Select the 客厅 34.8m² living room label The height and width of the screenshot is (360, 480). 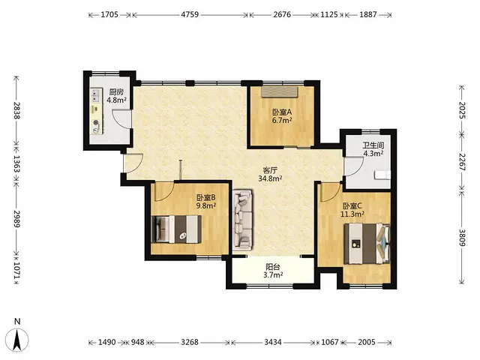[270, 175]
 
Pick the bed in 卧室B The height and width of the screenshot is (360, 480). [176, 229]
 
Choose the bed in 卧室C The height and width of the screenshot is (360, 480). [367, 244]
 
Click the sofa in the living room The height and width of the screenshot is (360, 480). [243, 220]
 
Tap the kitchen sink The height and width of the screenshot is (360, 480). [96, 95]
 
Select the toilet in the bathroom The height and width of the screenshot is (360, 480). [382, 175]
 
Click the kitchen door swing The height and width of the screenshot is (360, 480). [121, 118]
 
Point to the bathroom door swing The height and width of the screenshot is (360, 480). [353, 166]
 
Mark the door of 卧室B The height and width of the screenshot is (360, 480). [164, 191]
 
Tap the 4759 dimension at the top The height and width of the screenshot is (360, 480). [190, 14]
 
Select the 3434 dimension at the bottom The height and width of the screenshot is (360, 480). [273, 342]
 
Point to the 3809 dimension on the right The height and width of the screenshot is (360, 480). [462, 238]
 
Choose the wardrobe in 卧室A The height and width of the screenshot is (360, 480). [279, 91]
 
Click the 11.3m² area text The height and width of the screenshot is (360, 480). [352, 214]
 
